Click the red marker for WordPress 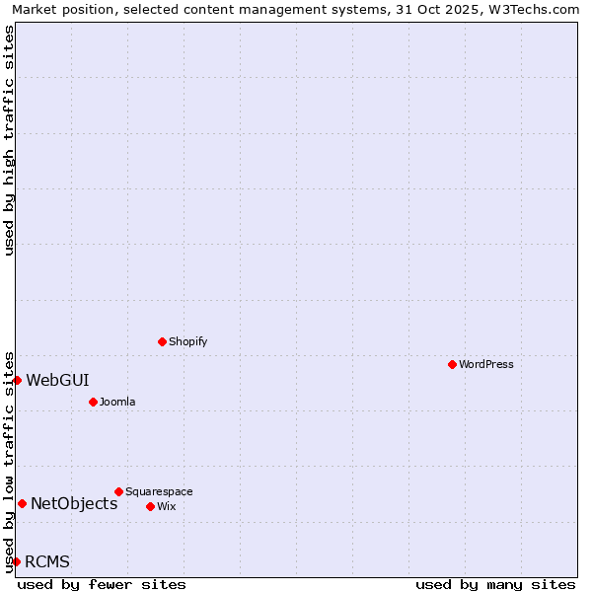452,364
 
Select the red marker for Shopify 162,341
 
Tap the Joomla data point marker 93,402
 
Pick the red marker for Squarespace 118,491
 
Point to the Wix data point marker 150,506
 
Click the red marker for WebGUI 17,380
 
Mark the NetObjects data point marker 22,503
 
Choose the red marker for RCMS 16,561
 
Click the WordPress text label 486,364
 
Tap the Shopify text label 188,341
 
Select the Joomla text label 117,402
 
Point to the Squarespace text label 159,491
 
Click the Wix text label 167,506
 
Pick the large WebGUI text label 57,380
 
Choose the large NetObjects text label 74,503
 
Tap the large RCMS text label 47,561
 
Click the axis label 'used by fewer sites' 102,584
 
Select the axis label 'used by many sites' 495,584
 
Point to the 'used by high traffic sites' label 9,140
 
